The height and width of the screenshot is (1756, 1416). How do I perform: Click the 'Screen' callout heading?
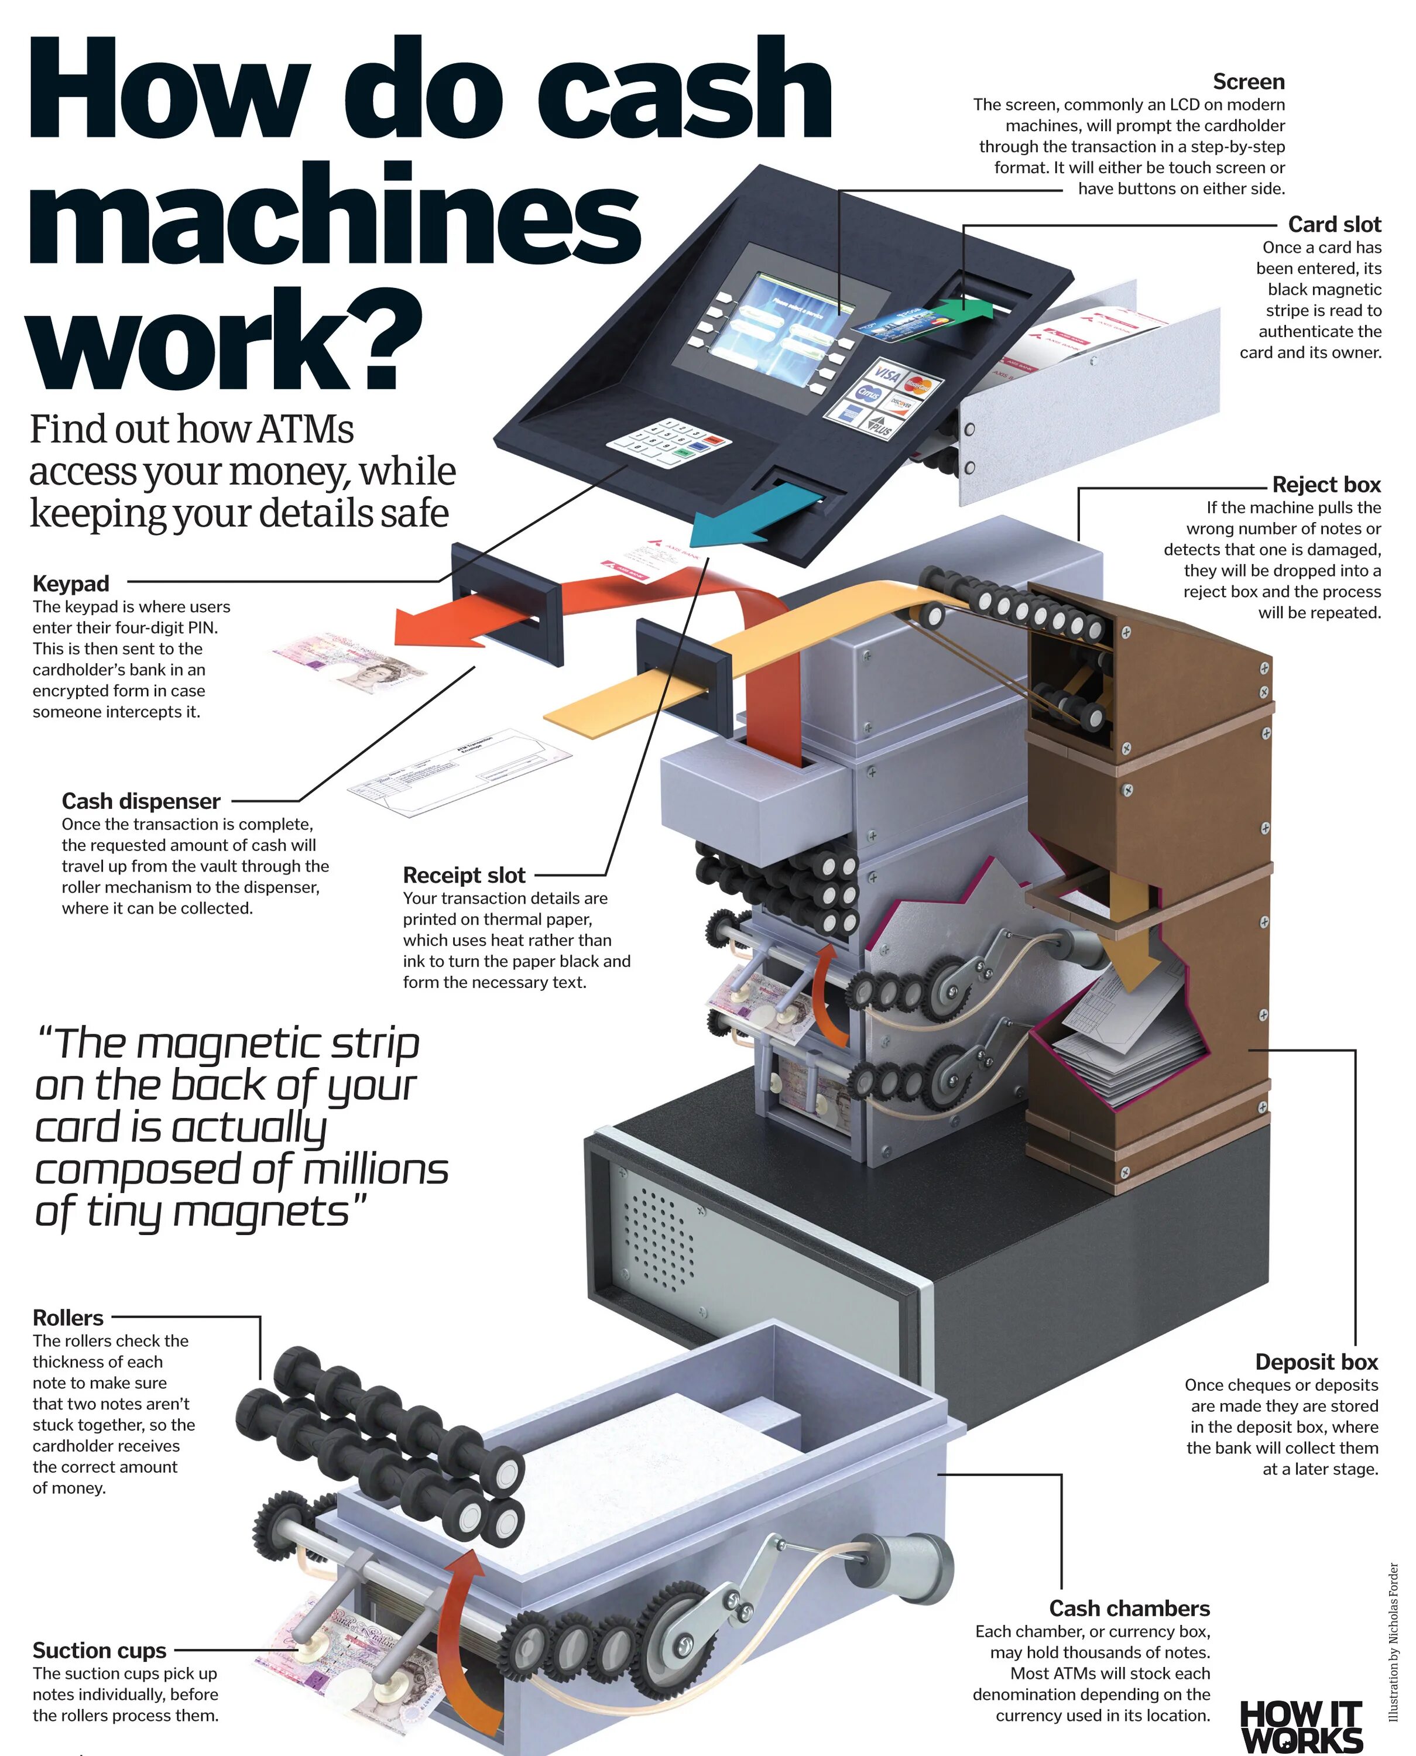pos(1248,83)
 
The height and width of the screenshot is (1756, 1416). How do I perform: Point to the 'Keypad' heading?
pos(71,584)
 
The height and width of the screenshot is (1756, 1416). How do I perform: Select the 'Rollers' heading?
pos(68,1318)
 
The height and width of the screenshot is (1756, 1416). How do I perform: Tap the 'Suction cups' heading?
pos(100,1651)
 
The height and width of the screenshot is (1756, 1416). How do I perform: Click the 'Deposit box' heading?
pos(1316,1362)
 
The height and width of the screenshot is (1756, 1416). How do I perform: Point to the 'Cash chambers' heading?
pos(1129,1608)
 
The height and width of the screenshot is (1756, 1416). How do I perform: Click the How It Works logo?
pos(1301,1725)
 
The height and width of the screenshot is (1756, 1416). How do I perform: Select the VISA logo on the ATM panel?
pos(887,375)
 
